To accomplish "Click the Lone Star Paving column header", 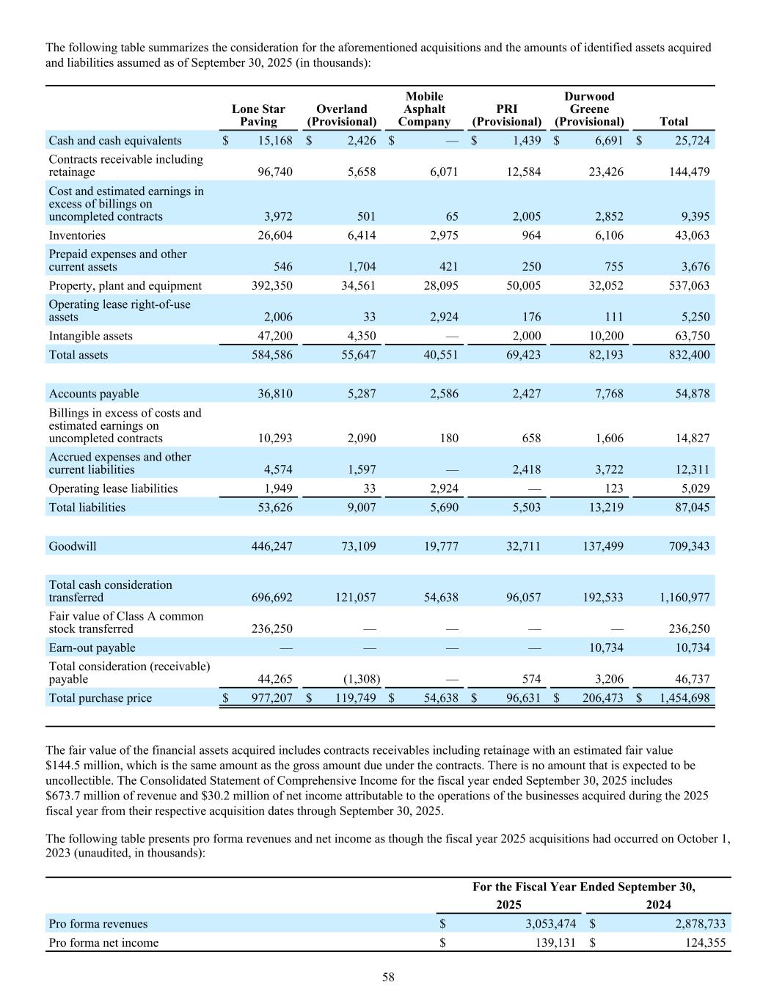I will pos(258,115).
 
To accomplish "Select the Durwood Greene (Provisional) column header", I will pos(589,109).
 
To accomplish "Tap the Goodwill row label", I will pos(73,546).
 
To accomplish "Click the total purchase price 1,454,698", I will pos(679,698).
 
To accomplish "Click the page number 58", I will pos(388,977).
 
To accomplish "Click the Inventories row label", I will pos(77,235).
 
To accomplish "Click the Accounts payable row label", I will pos(94,394).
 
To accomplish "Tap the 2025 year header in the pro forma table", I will pos(508,905).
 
